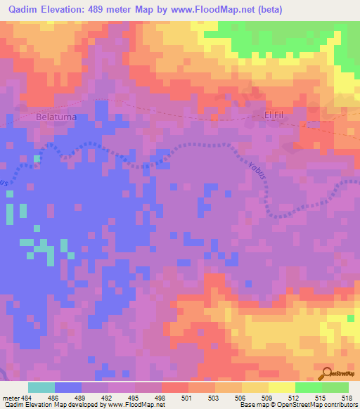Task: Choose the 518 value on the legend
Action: (x=346, y=397)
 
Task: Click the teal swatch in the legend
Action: (x=41, y=387)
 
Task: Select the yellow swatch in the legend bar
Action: (x=281, y=387)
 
